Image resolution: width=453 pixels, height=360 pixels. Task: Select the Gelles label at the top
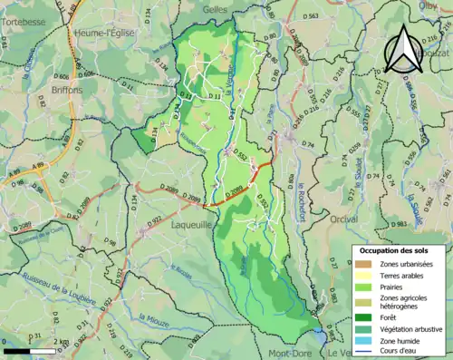click(215, 7)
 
